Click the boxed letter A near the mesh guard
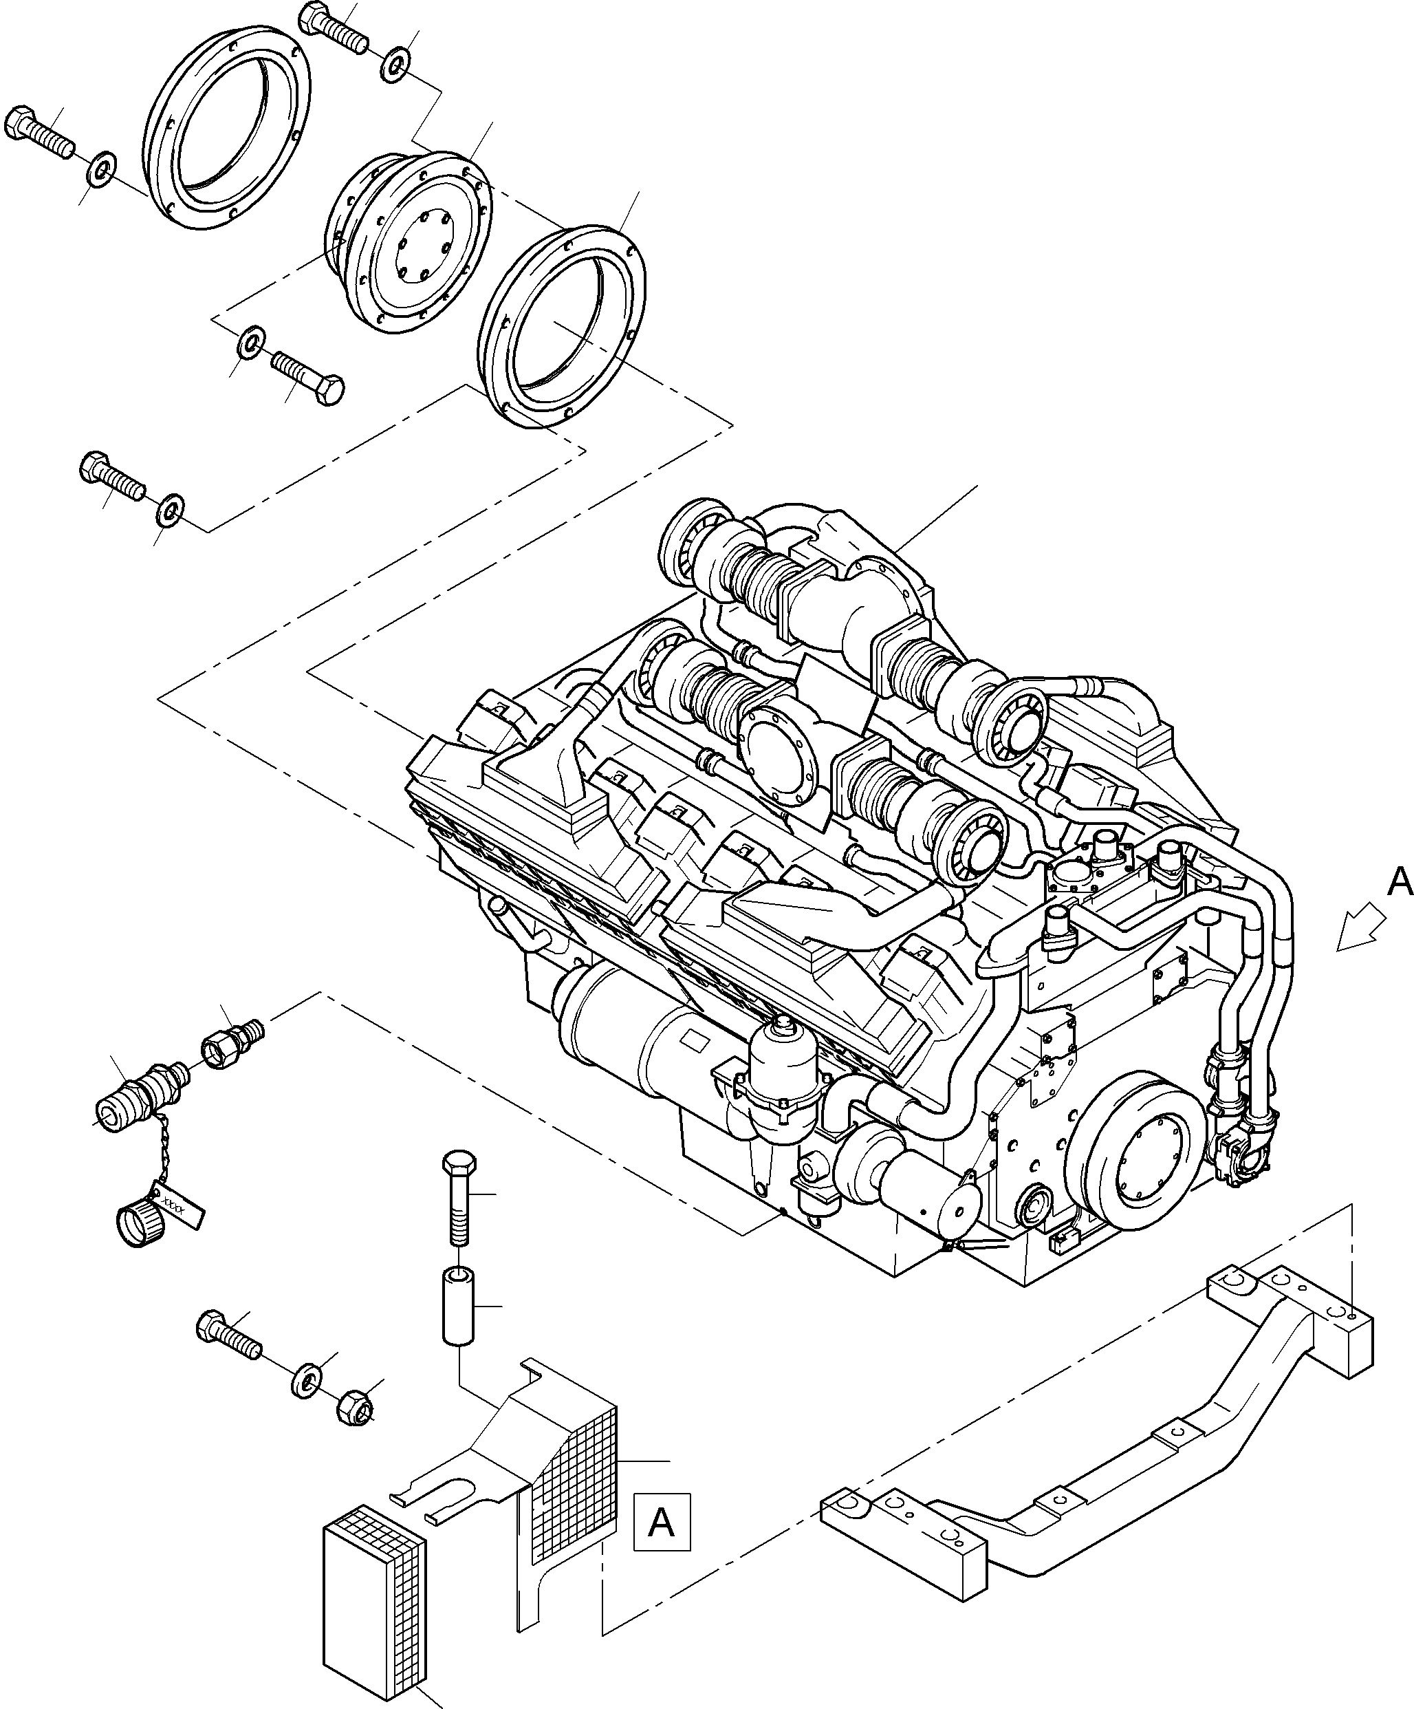(662, 1521)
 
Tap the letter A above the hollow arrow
(1400, 881)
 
